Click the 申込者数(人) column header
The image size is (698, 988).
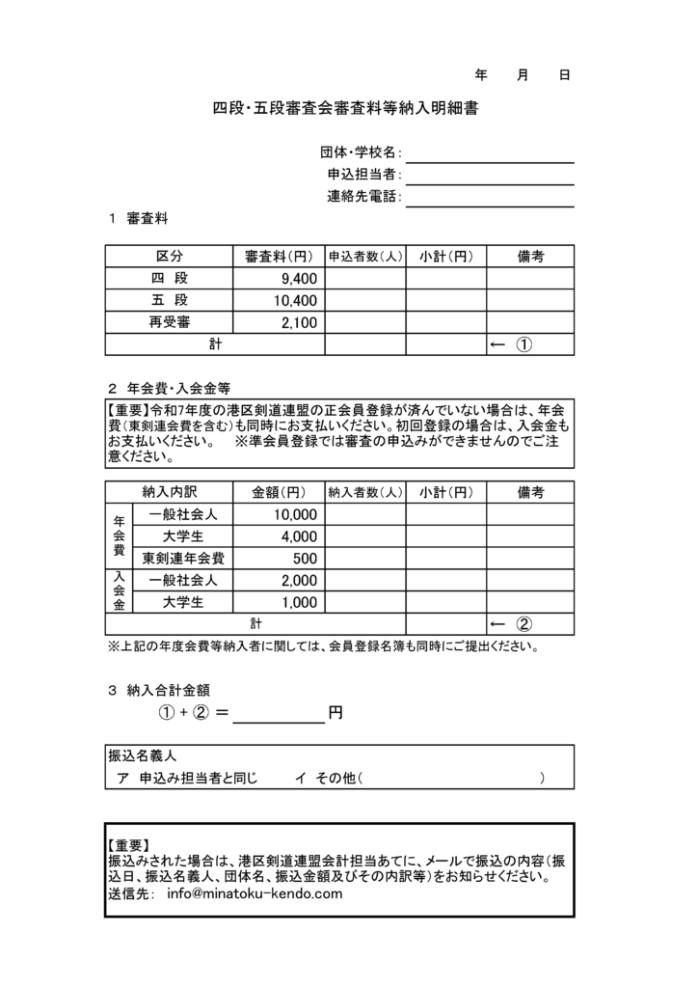pos(364,257)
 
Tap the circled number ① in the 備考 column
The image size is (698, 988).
pos(525,345)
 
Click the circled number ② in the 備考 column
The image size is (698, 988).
pos(525,624)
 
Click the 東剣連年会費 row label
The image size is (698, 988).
pos(182,559)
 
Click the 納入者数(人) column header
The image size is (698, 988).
pos(364,492)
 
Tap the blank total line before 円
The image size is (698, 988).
pos(280,715)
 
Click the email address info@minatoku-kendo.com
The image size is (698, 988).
pos(255,893)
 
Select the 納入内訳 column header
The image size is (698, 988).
pos(174,492)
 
